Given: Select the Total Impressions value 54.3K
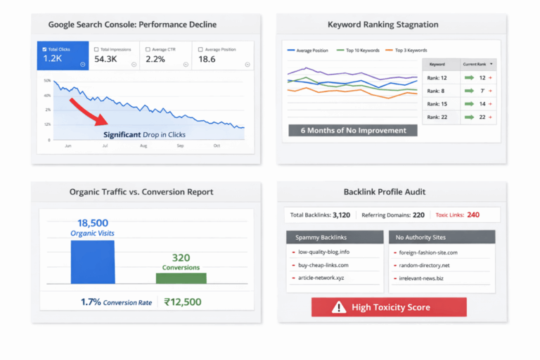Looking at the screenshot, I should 106,60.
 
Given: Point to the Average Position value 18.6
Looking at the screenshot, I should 207,60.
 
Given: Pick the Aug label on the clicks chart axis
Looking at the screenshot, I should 143,146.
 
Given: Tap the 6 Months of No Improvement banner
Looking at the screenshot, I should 348,130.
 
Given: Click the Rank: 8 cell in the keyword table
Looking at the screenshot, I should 440,91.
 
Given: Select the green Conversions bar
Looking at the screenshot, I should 181,278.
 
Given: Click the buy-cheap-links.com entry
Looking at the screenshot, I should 323,265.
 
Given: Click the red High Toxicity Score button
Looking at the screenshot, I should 389,307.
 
